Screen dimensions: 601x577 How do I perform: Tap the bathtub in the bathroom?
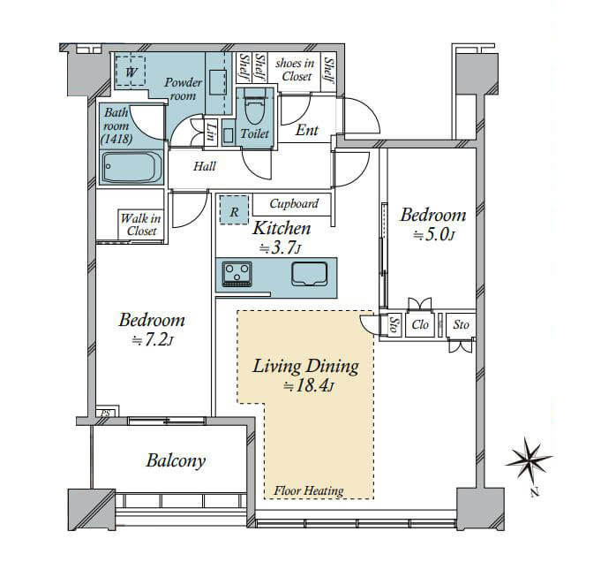click(x=131, y=167)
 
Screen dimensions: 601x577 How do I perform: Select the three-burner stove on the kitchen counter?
click(x=237, y=274)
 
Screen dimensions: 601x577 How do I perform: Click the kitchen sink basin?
click(x=309, y=274)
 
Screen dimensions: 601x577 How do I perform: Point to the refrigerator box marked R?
click(x=234, y=209)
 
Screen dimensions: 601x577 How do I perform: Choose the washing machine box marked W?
click(x=131, y=72)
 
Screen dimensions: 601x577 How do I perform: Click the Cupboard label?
click(x=294, y=203)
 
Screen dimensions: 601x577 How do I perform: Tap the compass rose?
click(x=529, y=460)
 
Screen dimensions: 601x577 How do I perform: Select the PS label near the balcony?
click(x=105, y=414)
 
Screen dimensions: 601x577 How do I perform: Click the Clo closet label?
click(x=420, y=325)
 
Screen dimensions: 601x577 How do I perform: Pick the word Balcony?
click(x=176, y=460)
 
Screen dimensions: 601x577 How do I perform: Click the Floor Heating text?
click(x=309, y=490)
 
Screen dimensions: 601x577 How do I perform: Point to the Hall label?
click(x=204, y=166)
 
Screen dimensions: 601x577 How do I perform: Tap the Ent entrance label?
click(x=307, y=131)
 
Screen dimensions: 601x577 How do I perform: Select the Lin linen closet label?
click(x=210, y=132)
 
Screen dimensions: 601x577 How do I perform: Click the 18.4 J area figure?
click(x=309, y=386)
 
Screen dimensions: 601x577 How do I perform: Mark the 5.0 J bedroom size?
click(x=434, y=235)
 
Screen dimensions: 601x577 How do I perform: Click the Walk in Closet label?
click(x=140, y=224)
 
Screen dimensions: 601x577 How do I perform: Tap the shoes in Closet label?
click(x=295, y=70)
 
